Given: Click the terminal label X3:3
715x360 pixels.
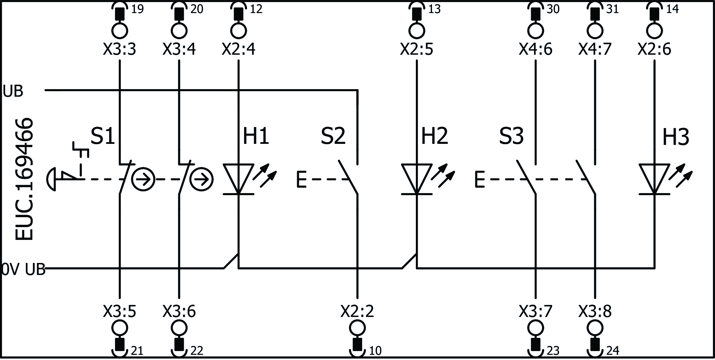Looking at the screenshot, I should click(119, 50).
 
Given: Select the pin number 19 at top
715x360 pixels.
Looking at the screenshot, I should click(137, 9).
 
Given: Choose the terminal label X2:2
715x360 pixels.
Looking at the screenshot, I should click(357, 311).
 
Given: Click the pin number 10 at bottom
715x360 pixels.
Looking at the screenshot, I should click(375, 351).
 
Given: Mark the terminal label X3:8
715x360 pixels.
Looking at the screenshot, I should click(595, 311).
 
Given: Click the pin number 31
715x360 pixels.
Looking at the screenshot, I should click(612, 9).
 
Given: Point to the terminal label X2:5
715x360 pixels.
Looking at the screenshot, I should click(417, 50).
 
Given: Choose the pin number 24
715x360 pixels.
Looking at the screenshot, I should click(613, 351).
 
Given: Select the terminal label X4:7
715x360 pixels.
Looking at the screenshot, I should click(595, 50).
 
